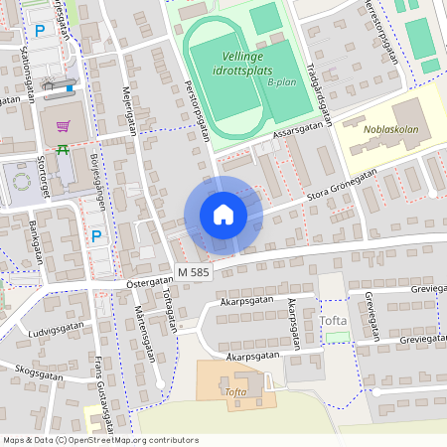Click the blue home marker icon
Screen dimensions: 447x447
coord(223,215)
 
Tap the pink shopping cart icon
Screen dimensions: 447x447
coord(64,127)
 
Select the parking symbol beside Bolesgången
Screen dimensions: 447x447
coord(96,235)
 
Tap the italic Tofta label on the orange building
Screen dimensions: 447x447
coord(235,392)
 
